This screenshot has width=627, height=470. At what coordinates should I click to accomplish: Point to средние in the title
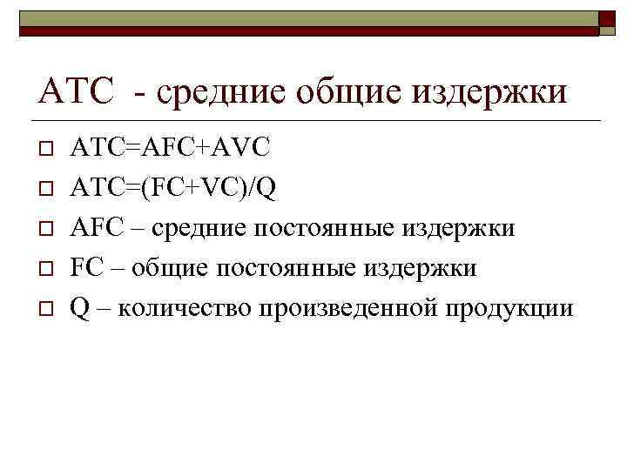[229, 91]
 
